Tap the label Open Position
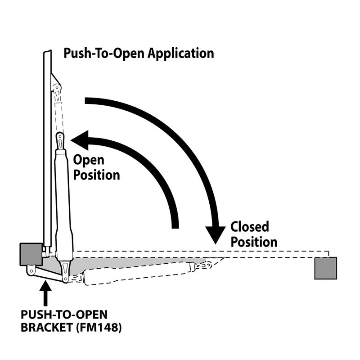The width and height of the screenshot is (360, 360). point(96,167)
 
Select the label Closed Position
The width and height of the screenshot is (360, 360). point(253,234)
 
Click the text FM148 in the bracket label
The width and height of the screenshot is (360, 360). point(102,327)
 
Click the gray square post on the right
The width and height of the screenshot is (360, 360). point(325,268)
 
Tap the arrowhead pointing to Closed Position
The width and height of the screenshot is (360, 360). point(215,234)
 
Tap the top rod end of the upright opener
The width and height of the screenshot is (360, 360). point(60,140)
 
